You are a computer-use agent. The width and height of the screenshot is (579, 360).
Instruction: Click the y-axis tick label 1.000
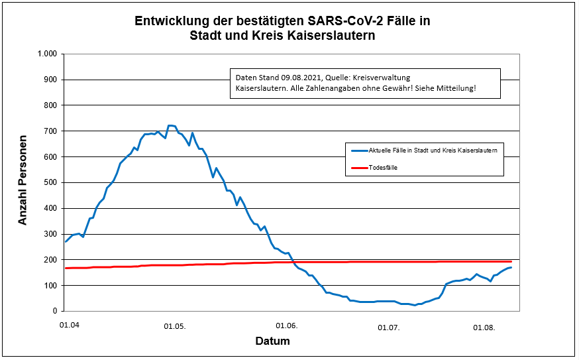point(48,54)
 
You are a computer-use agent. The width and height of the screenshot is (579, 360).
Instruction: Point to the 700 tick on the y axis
point(51,131)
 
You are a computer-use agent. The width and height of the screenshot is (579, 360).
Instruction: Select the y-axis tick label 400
point(51,208)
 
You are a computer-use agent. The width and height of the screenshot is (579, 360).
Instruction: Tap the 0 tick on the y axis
point(56,311)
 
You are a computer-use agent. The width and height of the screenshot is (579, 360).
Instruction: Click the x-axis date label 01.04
point(69,326)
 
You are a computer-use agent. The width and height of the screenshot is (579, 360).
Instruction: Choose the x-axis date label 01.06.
point(286,326)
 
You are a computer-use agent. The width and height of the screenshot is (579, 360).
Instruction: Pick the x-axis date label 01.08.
point(484,327)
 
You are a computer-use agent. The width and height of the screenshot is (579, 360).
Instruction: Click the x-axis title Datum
point(272,341)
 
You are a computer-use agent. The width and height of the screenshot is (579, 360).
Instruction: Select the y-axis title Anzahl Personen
point(23,181)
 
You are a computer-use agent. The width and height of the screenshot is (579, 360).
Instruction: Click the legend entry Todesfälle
point(383,168)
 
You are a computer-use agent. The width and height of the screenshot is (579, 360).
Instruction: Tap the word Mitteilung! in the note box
point(456,88)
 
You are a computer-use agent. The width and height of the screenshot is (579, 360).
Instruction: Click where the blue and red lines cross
point(293,262)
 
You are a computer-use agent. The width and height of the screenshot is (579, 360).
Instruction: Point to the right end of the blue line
point(511,267)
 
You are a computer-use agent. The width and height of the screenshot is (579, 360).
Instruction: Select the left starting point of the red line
point(65,268)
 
